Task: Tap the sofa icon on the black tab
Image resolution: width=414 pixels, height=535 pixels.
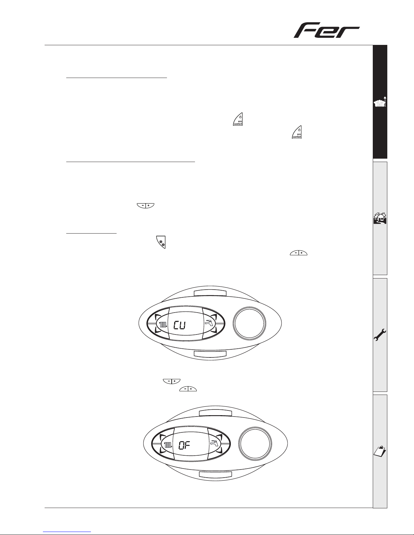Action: click(x=380, y=102)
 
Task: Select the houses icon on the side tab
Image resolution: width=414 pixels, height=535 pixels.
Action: click(x=380, y=218)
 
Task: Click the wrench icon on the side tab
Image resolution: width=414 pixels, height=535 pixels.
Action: click(x=380, y=335)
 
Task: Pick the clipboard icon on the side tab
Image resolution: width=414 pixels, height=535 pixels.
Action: click(x=380, y=451)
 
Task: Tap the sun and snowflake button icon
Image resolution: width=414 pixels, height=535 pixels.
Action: click(x=161, y=242)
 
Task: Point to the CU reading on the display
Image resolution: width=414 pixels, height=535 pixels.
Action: click(x=180, y=325)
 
